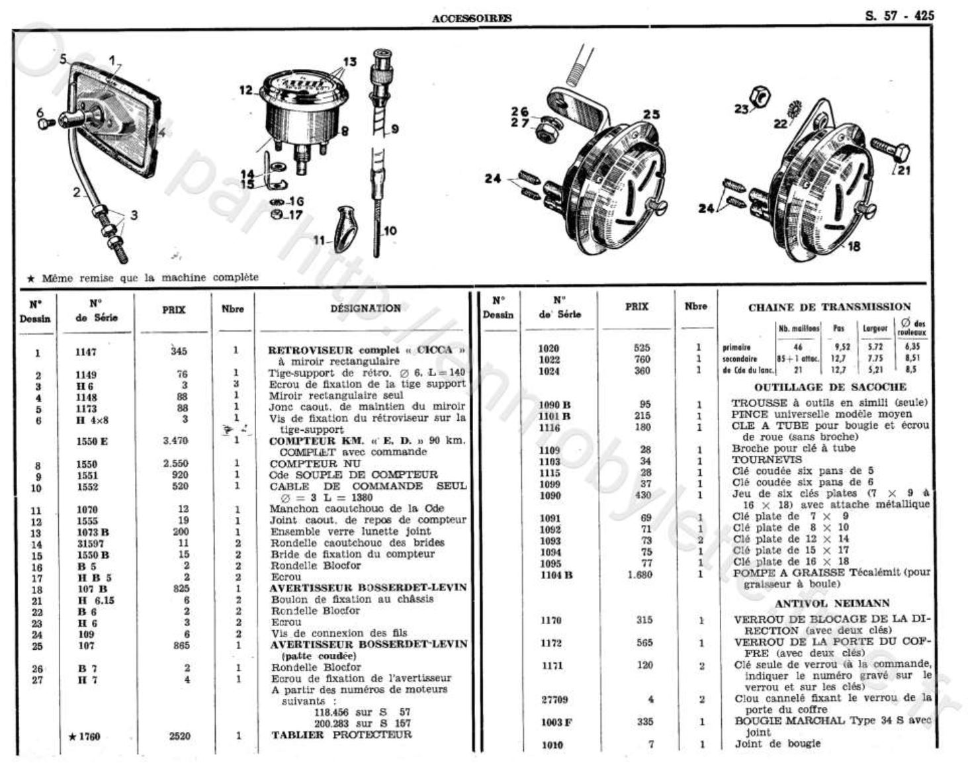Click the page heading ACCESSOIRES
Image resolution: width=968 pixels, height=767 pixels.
coord(471,19)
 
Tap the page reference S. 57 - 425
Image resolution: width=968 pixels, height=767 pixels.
coord(899,16)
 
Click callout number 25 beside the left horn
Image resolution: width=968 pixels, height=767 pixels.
coord(651,114)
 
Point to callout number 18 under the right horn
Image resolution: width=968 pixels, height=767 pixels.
coord(854,246)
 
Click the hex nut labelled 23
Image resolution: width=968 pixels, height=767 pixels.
coord(761,97)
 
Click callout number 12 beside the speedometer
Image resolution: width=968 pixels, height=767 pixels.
coord(246,90)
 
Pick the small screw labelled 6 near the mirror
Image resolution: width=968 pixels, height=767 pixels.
coord(46,122)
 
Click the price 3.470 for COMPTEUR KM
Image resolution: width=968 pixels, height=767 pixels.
coord(175,441)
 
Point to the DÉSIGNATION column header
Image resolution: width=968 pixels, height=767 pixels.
coord(365,308)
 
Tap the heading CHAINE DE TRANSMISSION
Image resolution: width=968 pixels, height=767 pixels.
coord(829,307)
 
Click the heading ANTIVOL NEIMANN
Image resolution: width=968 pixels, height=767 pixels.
coord(832,604)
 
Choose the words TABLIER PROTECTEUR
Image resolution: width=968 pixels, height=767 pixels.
coord(341,735)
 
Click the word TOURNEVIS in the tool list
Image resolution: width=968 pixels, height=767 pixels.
coord(758,459)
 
